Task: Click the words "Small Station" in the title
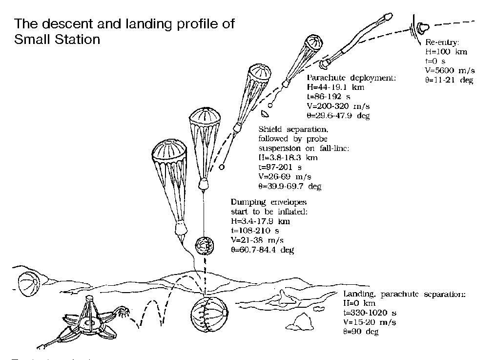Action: (x=57, y=39)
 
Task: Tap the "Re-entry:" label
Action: (x=442, y=42)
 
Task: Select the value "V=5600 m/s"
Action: (x=449, y=70)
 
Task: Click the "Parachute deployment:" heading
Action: (x=351, y=78)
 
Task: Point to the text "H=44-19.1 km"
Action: (x=333, y=87)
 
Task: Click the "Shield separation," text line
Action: (x=293, y=130)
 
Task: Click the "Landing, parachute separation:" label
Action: (x=405, y=295)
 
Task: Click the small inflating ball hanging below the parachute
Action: (x=204, y=245)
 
